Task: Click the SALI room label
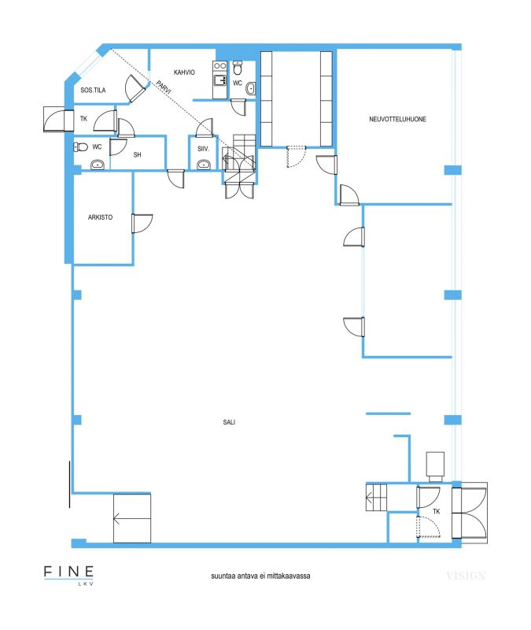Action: tap(229, 422)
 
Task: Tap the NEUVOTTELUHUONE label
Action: tap(397, 119)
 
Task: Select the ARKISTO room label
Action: tap(100, 217)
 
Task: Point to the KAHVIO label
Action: tap(184, 72)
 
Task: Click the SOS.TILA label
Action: tap(93, 90)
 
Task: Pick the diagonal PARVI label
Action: tap(164, 87)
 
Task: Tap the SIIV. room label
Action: tap(204, 149)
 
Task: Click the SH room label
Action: tap(137, 154)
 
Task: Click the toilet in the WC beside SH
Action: tap(81, 147)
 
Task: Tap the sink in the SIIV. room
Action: tap(204, 165)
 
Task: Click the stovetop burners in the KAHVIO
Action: tap(220, 65)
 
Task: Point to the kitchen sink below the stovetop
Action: tap(220, 80)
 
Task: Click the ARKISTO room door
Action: tap(142, 224)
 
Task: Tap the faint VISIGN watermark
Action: tap(466, 576)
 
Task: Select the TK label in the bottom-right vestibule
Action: tap(437, 511)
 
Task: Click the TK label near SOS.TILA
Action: tap(83, 119)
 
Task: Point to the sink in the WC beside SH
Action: tap(98, 165)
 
